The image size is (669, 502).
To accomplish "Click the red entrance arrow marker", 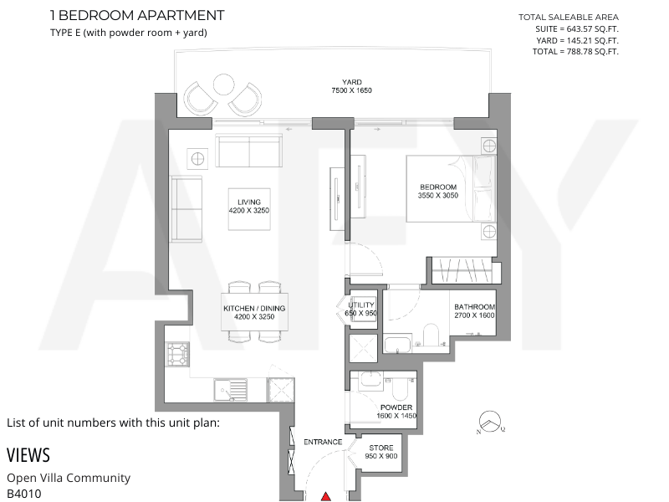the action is tap(326, 497).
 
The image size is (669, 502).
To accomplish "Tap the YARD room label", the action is tap(352, 82).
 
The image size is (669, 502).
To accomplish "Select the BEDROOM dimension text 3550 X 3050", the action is tap(438, 196).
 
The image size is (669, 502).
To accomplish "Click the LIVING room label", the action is tap(249, 202).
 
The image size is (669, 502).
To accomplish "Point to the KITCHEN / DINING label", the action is tap(254, 308).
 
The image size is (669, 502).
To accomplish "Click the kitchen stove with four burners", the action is tap(178, 354).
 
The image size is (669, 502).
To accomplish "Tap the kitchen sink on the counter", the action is tap(231, 390).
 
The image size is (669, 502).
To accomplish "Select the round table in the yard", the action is tap(223, 85).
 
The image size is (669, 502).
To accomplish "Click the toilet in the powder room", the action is tap(401, 387).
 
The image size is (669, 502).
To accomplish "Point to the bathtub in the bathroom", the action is tap(398, 345).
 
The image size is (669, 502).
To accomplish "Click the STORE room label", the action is tap(381, 448).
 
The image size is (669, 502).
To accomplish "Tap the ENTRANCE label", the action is tap(323, 442).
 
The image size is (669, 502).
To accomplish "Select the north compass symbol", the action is tap(490, 422).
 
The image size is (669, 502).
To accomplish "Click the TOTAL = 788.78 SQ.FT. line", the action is tap(575, 52).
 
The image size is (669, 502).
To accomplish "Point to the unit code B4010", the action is tap(24, 494).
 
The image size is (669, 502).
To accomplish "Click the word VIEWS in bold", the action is tap(28, 455).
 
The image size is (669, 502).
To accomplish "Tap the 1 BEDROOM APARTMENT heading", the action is tap(137, 15).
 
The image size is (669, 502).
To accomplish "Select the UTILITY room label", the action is tap(361, 305).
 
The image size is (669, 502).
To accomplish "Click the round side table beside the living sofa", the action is tap(197, 159).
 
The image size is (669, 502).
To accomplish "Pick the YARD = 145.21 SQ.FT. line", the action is tap(577, 40).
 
